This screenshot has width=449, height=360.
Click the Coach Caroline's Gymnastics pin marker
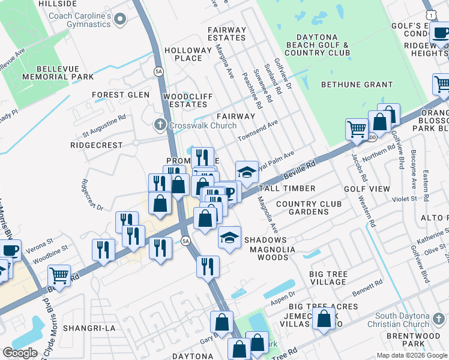coord(120,20)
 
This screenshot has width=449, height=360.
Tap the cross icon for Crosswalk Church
coord(160,125)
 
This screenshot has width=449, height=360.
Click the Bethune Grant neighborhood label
coord(357,85)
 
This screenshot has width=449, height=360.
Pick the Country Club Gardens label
coord(309,208)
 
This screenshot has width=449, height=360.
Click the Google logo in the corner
coord(20,353)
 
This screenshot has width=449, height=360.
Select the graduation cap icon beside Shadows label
coord(229,237)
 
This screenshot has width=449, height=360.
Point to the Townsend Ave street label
coord(258,131)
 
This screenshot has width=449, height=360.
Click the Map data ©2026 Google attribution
coord(411,355)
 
